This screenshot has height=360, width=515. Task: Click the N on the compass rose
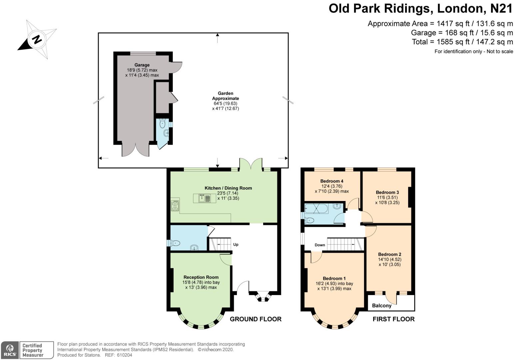click(x=37, y=40)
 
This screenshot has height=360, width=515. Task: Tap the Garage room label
click(x=142, y=65)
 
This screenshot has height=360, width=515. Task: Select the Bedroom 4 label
click(x=332, y=181)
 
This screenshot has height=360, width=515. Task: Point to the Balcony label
click(x=382, y=305)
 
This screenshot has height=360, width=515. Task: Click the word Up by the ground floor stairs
click(x=236, y=244)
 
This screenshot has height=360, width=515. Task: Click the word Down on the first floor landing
click(x=320, y=245)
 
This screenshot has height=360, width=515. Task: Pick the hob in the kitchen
click(x=175, y=205)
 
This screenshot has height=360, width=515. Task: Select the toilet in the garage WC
click(x=162, y=124)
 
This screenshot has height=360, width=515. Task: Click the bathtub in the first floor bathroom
click(x=316, y=209)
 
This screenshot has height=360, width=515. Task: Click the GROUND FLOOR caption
click(x=256, y=319)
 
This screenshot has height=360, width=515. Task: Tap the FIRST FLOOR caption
click(x=394, y=319)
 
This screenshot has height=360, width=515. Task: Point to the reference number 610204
click(x=124, y=355)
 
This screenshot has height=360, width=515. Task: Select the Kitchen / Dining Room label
click(x=228, y=188)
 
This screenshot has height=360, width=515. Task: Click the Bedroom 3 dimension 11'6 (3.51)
click(x=387, y=197)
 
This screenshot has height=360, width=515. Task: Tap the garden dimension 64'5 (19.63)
click(x=225, y=104)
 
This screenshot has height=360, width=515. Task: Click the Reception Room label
click(x=201, y=277)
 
